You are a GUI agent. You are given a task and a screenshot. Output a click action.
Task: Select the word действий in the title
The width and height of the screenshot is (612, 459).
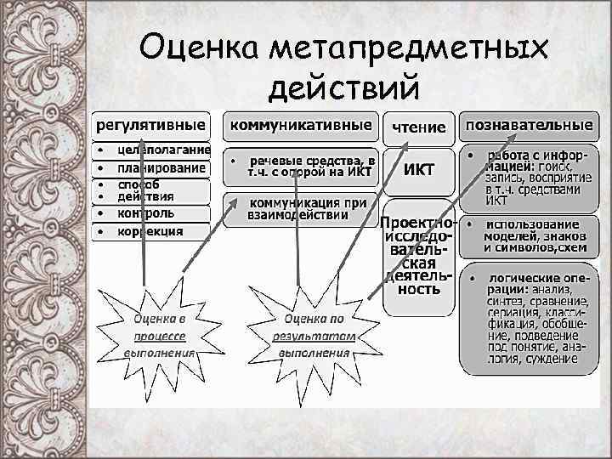pyautogui.click(x=343, y=86)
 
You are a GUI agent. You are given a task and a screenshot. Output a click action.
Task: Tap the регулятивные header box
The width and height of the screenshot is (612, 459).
pyautogui.click(x=150, y=125)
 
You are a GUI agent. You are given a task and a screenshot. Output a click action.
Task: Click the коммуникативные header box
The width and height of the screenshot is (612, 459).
pyautogui.click(x=301, y=125)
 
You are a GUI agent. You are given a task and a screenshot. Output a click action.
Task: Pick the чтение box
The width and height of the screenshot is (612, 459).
pyautogui.click(x=418, y=127)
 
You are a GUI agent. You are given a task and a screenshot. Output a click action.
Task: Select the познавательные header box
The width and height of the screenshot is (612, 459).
pyautogui.click(x=528, y=125)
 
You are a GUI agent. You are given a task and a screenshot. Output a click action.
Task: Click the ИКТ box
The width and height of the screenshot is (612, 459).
pyautogui.click(x=418, y=169)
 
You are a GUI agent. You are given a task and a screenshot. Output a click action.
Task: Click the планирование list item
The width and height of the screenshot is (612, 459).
pyautogui.click(x=161, y=167)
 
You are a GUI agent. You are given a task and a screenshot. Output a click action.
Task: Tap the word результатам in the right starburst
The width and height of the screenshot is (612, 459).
pyautogui.click(x=314, y=337)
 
